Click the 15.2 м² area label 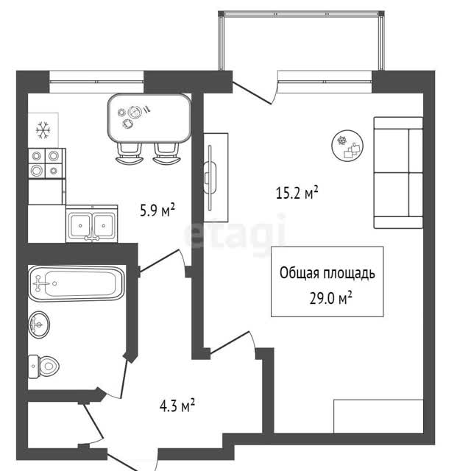[x=297, y=193]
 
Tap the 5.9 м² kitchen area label [x=157, y=210]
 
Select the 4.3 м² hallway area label [x=177, y=406]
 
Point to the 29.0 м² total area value [x=330, y=298]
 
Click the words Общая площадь [x=327, y=273]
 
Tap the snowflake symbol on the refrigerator [x=43, y=130]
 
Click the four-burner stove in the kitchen [x=47, y=163]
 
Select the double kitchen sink [x=91, y=224]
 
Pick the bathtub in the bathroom [x=77, y=283]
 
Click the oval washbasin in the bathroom [x=39, y=325]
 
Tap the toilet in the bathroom [x=43, y=366]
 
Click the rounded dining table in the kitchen [x=149, y=118]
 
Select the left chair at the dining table [x=129, y=154]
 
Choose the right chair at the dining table [x=166, y=154]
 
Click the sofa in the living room [x=398, y=173]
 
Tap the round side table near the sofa [x=347, y=146]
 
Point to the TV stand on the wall [x=216, y=177]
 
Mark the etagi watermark [x=235, y=233]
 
